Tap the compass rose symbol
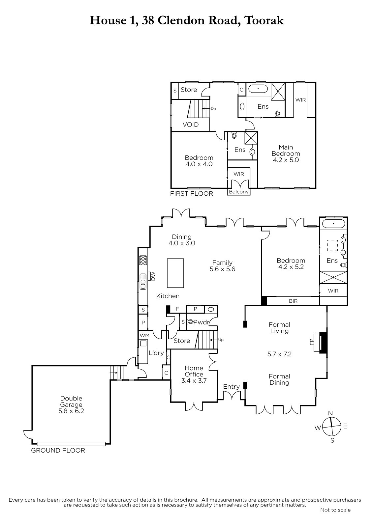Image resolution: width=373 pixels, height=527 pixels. point(331,426)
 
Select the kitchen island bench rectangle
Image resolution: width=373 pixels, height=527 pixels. point(175,273)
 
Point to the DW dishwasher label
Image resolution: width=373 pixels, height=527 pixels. point(153,276)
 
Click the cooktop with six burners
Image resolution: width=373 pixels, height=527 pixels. point(143,260)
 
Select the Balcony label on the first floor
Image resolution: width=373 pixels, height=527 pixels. point(239,192)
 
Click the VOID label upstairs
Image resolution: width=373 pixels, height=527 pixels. point(191,125)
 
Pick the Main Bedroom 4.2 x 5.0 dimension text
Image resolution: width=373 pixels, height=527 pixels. point(286,160)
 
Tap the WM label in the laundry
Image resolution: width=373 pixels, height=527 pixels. point(144,336)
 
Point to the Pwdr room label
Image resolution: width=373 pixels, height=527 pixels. point(201,322)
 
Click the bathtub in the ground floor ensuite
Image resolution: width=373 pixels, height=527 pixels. point(333,223)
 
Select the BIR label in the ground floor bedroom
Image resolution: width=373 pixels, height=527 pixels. point(293,301)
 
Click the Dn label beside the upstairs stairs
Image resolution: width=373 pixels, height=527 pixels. point(213,109)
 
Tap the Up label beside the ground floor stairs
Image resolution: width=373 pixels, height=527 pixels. point(221,340)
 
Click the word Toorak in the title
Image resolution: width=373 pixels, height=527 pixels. point(264,20)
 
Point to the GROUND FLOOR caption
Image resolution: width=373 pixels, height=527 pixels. point(58,450)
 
